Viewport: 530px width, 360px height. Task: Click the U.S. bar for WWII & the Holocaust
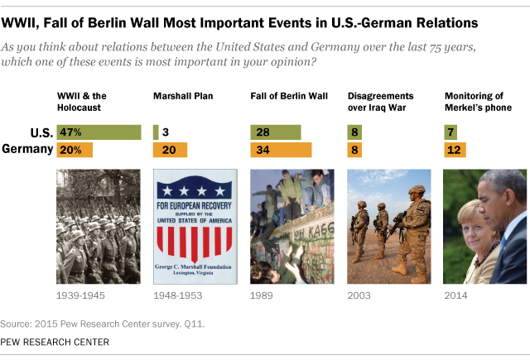pos(99,132)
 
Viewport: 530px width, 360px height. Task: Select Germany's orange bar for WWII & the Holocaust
pos(75,150)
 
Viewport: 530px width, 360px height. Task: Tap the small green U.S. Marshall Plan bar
pos(156,132)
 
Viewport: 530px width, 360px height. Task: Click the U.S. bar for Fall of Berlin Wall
pos(276,132)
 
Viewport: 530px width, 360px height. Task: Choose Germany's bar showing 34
pos(281,150)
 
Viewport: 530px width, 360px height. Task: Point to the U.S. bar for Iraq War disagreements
pos(354,132)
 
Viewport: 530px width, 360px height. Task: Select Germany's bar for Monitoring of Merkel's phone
pos(455,150)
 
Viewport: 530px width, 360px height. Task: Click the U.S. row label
pos(40,132)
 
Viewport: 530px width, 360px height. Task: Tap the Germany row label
pos(28,150)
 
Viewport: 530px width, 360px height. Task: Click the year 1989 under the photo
pos(262,295)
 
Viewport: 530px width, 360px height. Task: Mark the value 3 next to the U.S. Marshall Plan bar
pos(166,132)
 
